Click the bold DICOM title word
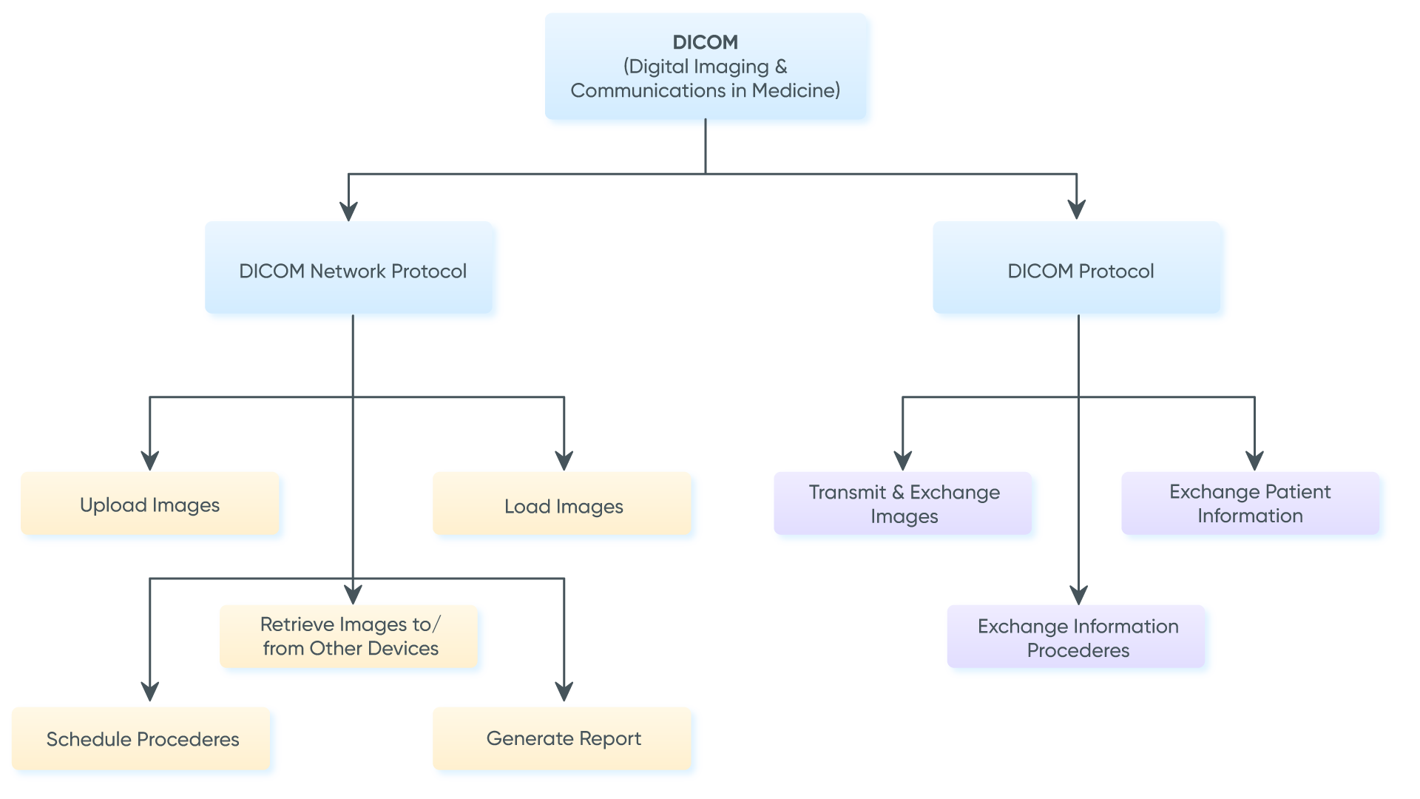coord(705,42)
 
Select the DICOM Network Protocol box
coord(353,271)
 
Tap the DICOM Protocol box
coord(1080,271)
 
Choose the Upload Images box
coord(150,505)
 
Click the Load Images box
coord(564,506)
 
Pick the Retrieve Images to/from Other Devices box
coord(351,637)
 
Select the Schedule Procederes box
coord(143,739)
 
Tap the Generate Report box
coord(564,738)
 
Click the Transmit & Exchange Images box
coord(904,504)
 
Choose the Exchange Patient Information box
coord(1250,504)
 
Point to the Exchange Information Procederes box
coord(1078,638)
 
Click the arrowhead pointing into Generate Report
coord(564,692)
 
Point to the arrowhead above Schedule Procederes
coord(150,692)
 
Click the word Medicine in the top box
coord(795,90)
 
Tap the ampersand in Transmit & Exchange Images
coord(898,493)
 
